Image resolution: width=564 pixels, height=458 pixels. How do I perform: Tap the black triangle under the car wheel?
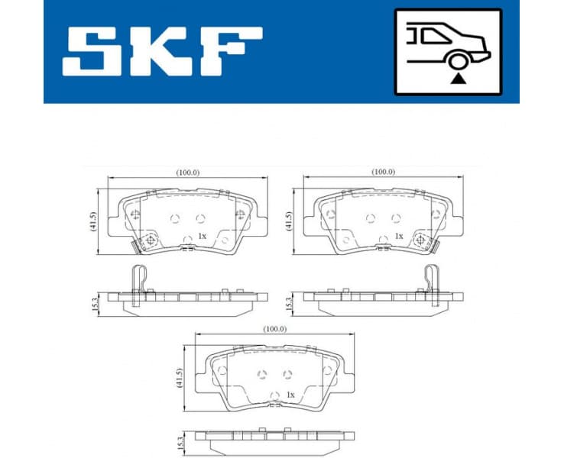pos(457,77)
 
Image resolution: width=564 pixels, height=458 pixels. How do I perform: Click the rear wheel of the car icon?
pos(457,62)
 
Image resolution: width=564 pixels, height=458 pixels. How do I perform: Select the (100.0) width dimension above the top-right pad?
pos(383,172)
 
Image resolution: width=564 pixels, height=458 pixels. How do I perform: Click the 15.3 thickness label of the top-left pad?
pos(95,303)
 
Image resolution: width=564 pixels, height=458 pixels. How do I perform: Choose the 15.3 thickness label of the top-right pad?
pos(290,303)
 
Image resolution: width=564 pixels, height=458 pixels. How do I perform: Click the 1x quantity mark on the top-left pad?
pos(202,237)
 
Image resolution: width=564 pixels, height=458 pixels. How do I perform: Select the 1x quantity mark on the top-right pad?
pos(398,237)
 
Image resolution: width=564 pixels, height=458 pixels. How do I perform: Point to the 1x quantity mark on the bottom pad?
pos(290,395)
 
